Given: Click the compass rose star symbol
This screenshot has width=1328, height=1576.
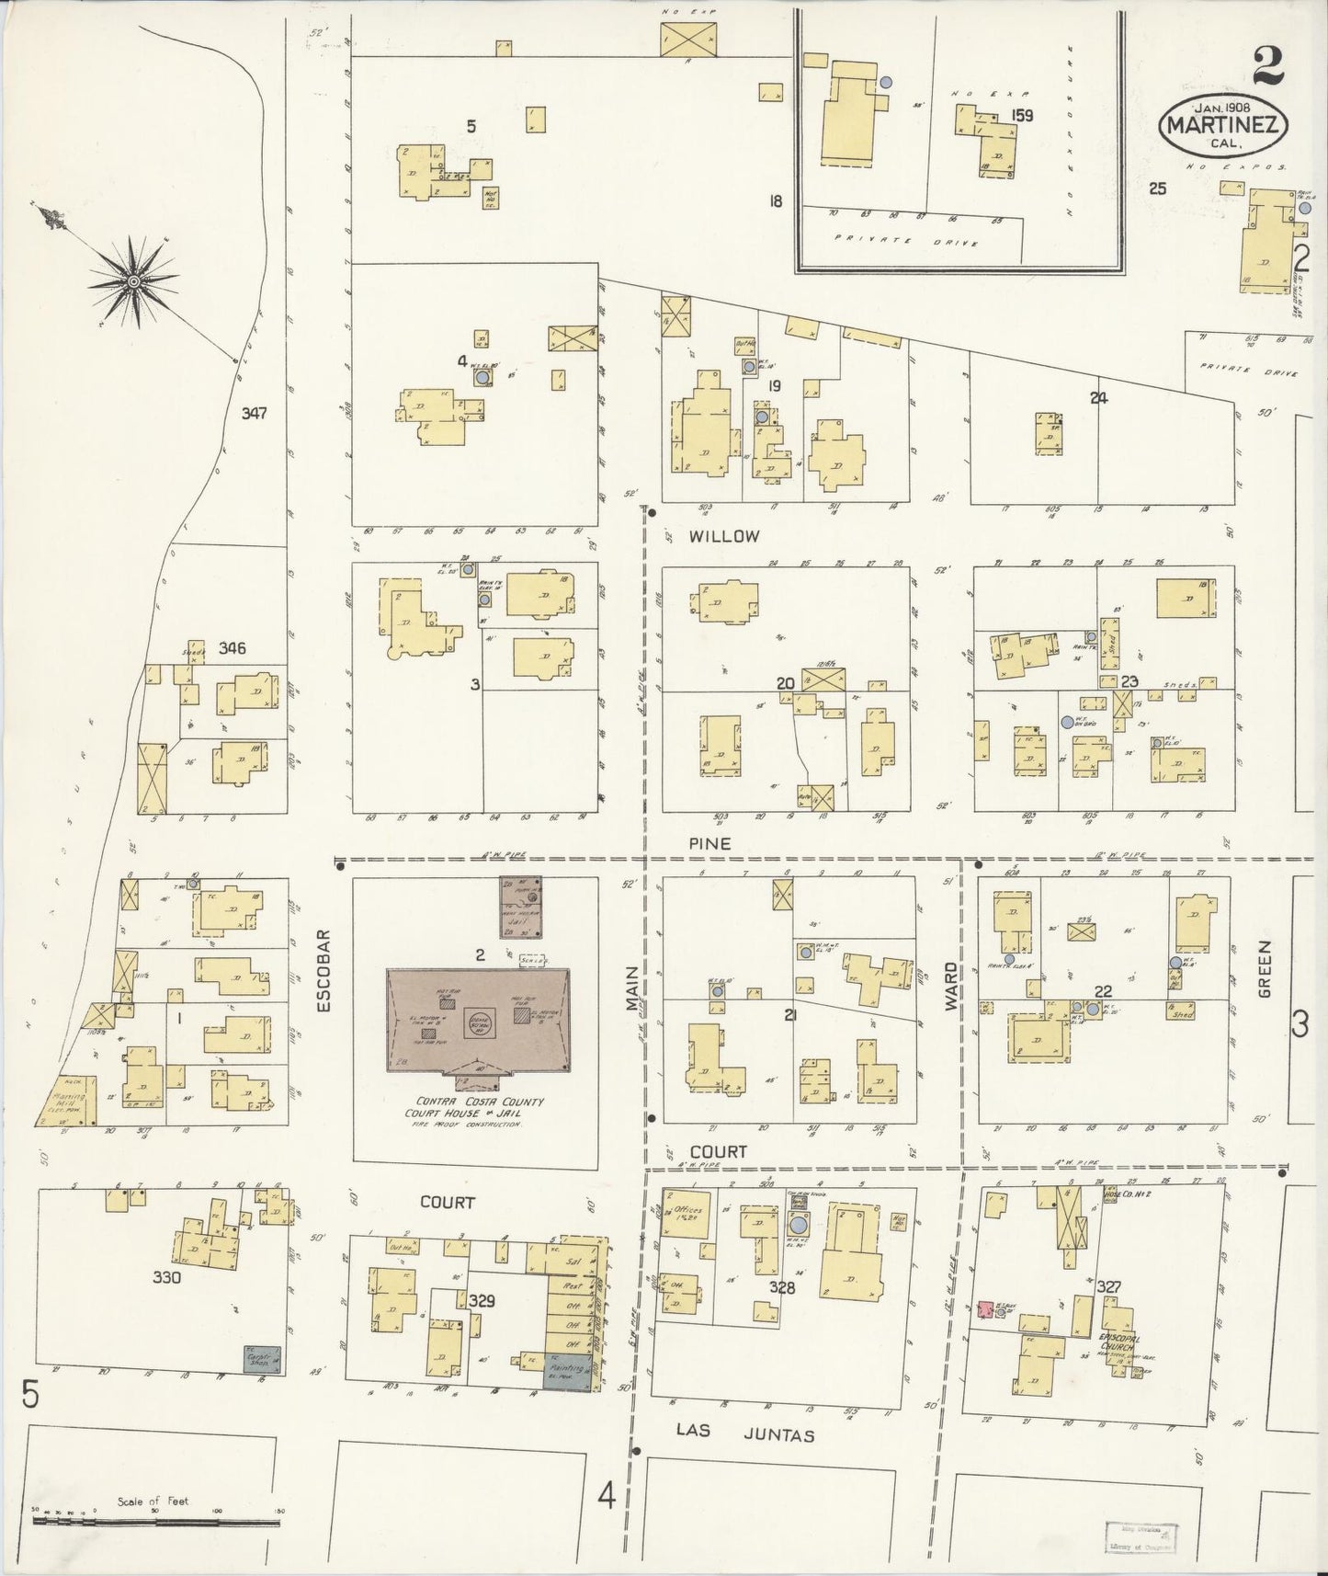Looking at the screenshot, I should point(134,280).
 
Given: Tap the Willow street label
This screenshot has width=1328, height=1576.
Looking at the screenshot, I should point(726,536).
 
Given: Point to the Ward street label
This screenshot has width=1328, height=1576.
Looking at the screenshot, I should point(951,987).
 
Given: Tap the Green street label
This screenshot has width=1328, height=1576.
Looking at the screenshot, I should point(1265,970).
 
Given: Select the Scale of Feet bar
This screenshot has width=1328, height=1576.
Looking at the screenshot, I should point(156,1520).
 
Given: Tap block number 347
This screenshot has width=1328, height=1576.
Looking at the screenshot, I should point(254,413).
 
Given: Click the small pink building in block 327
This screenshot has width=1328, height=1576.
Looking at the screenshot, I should point(984,1308).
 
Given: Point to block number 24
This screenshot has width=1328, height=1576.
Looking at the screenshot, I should point(1098,398).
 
